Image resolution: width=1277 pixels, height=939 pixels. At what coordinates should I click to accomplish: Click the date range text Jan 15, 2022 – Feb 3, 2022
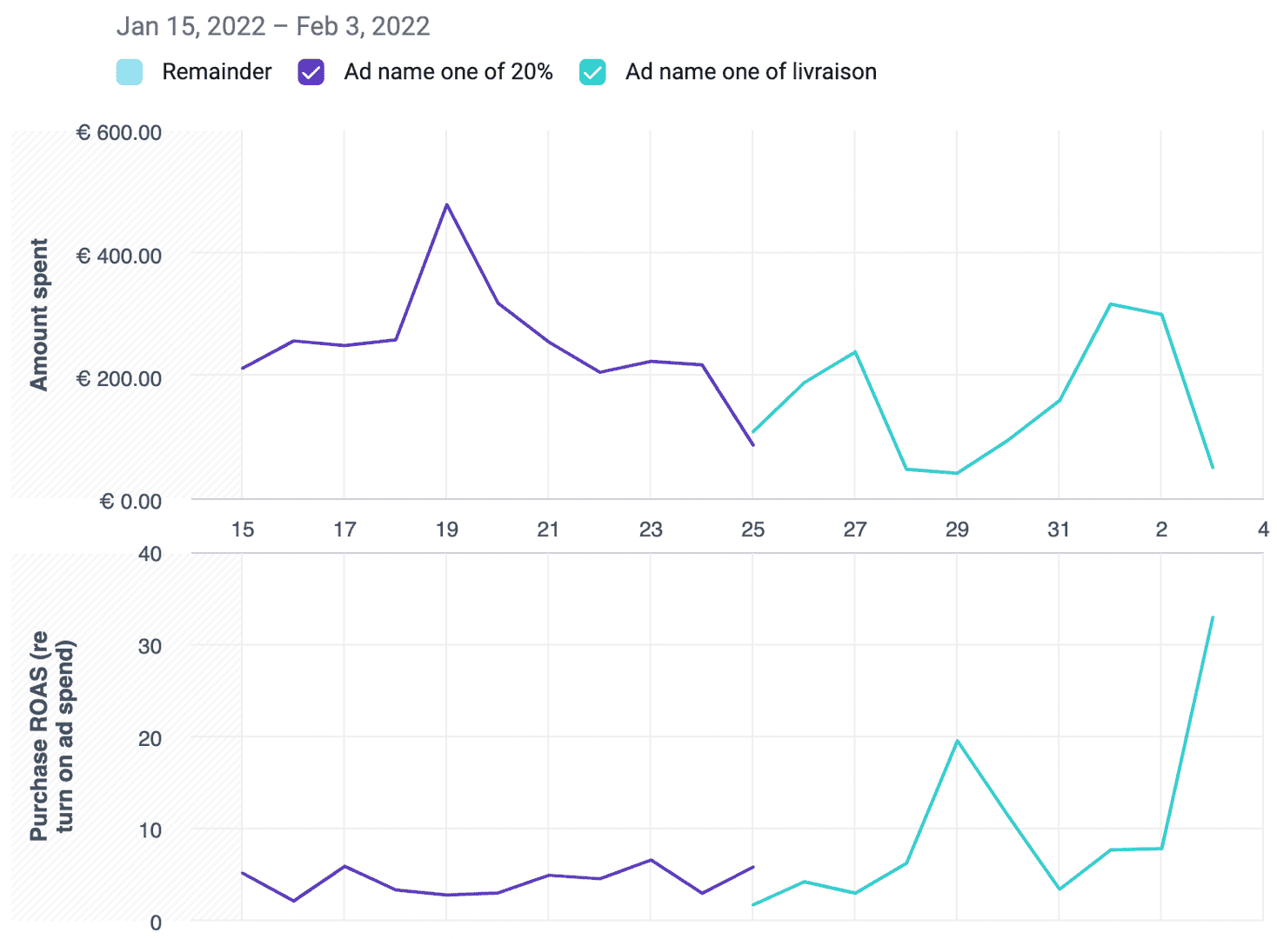[x=273, y=26]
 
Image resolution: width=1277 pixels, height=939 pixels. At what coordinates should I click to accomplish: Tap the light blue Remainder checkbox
[x=130, y=72]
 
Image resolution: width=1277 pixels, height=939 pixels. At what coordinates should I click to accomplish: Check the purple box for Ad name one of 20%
[x=311, y=72]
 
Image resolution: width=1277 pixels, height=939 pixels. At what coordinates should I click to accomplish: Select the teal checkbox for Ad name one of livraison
[x=592, y=72]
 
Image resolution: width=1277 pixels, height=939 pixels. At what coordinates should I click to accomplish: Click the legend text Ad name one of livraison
[x=751, y=72]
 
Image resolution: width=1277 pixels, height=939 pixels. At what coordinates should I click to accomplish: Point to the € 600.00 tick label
[x=119, y=133]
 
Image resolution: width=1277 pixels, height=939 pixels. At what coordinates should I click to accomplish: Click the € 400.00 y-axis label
[x=119, y=256]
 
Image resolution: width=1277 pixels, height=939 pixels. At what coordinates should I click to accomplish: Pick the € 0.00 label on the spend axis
[x=130, y=502]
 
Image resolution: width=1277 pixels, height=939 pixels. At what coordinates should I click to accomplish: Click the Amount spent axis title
[x=39, y=315]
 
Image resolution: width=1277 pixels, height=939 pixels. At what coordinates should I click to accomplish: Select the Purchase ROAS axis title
[x=52, y=736]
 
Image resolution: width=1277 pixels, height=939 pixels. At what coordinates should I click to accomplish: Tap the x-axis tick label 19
[x=446, y=529]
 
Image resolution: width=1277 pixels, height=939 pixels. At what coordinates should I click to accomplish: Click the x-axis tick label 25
[x=752, y=529]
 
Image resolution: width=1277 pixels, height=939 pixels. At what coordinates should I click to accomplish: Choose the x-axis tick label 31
[x=1059, y=529]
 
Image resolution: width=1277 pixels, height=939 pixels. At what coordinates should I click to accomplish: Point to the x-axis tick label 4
[x=1263, y=529]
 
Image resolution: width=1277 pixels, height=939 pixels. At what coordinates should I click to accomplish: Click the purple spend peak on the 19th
[x=447, y=205]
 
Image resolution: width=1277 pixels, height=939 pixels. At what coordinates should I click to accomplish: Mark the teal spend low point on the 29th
[x=957, y=473]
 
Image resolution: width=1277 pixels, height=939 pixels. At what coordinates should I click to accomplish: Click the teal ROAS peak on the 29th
[x=957, y=741]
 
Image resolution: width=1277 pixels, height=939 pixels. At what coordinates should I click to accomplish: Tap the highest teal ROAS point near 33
[x=1212, y=617]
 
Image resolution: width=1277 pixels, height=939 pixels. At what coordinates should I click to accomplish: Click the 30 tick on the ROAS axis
[x=150, y=646]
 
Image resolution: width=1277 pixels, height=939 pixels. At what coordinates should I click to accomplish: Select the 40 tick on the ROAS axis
[x=150, y=554]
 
